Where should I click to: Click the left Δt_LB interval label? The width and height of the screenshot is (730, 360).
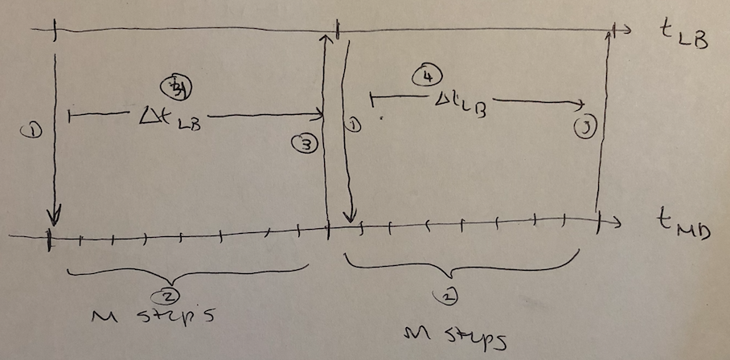tap(168, 120)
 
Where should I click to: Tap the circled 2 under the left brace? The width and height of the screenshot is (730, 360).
tap(168, 293)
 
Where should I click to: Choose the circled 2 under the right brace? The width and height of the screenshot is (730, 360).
tap(449, 298)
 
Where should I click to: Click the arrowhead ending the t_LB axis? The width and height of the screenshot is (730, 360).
tap(620, 30)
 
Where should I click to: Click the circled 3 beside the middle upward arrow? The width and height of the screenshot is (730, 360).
tap(308, 145)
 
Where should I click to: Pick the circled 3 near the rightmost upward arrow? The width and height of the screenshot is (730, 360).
tap(585, 128)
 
